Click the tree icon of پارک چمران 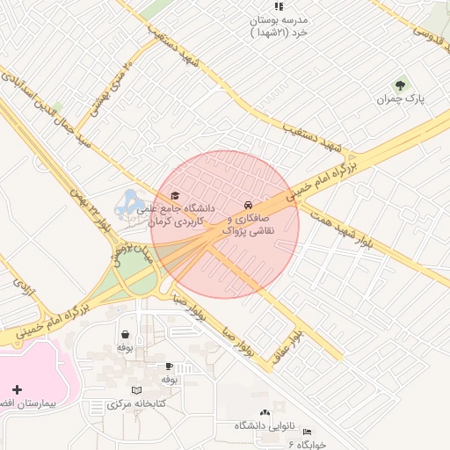click(x=402, y=85)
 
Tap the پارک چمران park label click(x=402, y=100)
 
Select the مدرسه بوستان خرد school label click(x=279, y=25)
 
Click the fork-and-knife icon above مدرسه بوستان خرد click(x=279, y=5)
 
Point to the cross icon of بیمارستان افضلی click(x=18, y=388)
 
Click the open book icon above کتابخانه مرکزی click(x=135, y=389)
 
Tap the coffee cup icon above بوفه click(x=169, y=366)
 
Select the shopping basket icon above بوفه click(x=125, y=334)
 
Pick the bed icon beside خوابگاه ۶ click(x=306, y=432)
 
